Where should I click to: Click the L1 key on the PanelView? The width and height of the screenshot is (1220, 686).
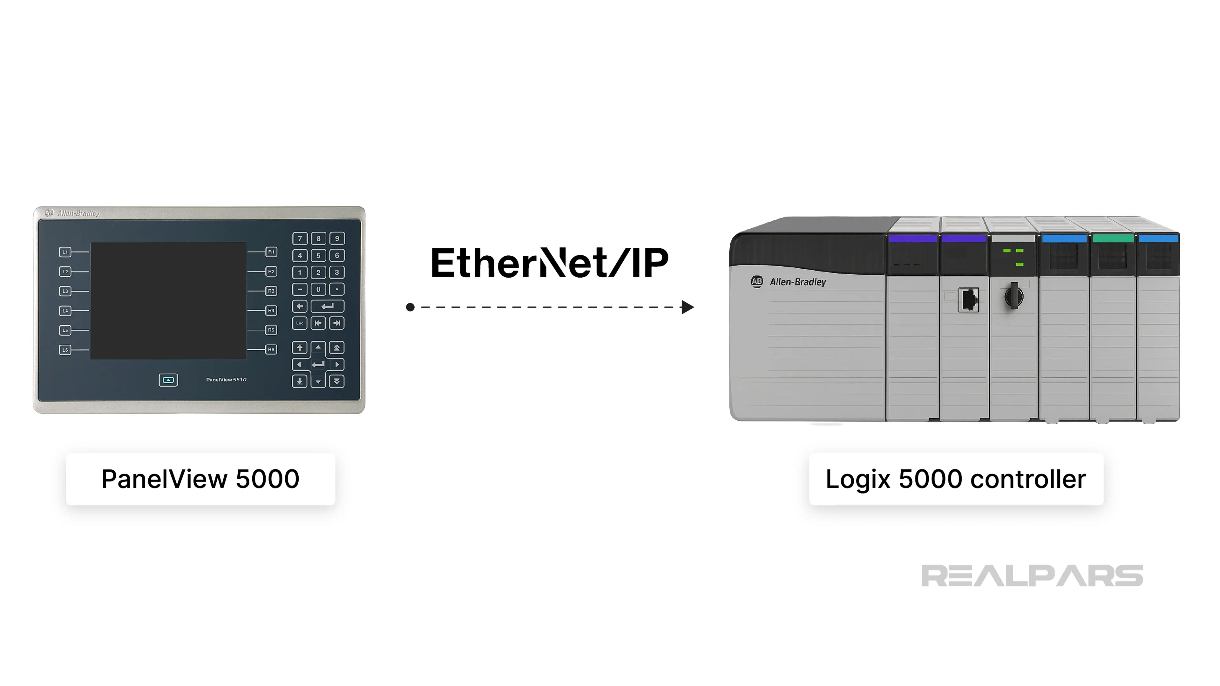pos(65,252)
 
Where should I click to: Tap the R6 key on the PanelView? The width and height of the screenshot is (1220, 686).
pos(271,349)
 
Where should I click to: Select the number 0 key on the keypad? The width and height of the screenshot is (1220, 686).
pos(318,289)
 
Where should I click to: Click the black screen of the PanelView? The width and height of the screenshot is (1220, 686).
pos(168,301)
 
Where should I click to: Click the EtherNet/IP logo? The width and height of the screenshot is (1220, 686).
pos(549,262)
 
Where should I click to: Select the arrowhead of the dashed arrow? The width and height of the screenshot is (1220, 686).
pos(687,307)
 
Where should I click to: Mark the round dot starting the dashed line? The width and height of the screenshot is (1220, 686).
pos(410,307)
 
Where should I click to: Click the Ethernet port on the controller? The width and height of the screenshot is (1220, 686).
pos(968,300)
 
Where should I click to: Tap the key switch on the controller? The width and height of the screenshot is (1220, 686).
pos(1013,296)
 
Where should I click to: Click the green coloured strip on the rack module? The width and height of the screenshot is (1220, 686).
pos(1113,239)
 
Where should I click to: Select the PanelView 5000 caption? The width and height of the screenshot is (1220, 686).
pos(200,479)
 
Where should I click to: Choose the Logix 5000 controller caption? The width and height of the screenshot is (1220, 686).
pos(956,479)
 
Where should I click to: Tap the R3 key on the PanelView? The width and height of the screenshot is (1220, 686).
pos(271,291)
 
